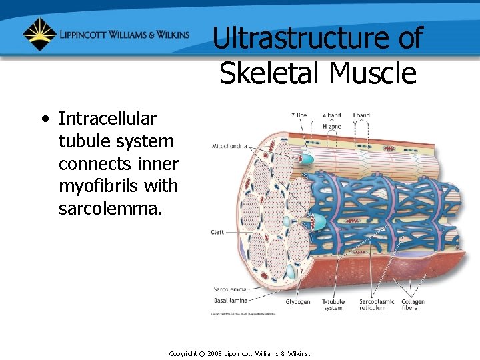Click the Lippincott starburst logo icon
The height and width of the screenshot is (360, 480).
pos(40,34)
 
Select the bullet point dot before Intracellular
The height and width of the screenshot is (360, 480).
pos(45,120)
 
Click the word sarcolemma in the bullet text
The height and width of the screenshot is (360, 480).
pos(110,209)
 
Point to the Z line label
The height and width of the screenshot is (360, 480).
pos(299,115)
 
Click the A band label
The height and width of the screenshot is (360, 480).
pos(331,115)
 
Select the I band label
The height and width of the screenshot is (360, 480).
pos(361,115)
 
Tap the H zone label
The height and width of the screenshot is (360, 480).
pos(331,126)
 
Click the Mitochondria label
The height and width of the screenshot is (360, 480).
pos(229,145)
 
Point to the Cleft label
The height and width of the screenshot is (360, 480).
pos(217,232)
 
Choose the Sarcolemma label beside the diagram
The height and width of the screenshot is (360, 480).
pos(230,289)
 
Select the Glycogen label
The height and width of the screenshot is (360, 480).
pos(298,302)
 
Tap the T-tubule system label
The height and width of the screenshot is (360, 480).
pos(333,305)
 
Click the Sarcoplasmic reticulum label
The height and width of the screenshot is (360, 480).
pos(377,305)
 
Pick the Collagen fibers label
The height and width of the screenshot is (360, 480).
pos(413,305)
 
